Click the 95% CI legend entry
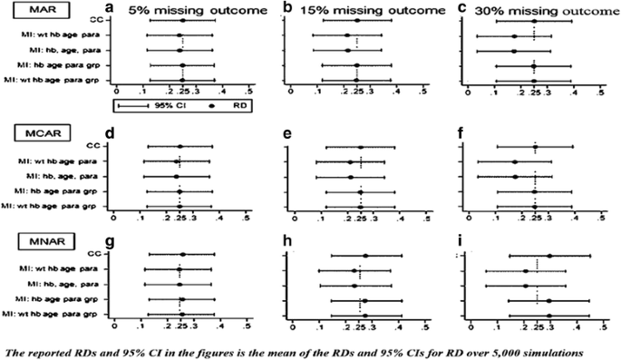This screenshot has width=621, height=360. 154,104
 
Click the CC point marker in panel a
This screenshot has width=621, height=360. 183,20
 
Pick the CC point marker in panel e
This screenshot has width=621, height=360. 361,147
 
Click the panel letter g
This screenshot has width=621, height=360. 108,241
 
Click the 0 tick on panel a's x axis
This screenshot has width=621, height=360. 115,91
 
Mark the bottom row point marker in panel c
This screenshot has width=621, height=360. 535,81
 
